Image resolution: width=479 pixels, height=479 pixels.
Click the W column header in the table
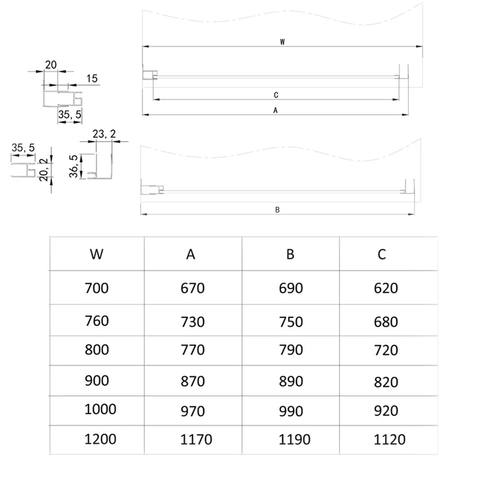coord(96,254)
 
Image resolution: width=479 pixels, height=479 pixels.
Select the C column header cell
coord(382,254)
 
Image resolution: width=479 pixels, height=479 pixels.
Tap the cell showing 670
coord(192,288)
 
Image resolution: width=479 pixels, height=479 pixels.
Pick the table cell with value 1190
coord(295,439)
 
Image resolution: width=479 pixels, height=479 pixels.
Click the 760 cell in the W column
coord(96,321)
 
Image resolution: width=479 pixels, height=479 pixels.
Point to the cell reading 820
coord(386,382)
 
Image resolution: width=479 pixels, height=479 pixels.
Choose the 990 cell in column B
coord(291,411)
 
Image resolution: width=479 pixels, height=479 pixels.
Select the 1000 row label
coord(100,410)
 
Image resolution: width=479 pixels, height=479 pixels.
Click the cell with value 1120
coord(390,439)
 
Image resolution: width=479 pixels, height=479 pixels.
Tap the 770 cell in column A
coord(192,350)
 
